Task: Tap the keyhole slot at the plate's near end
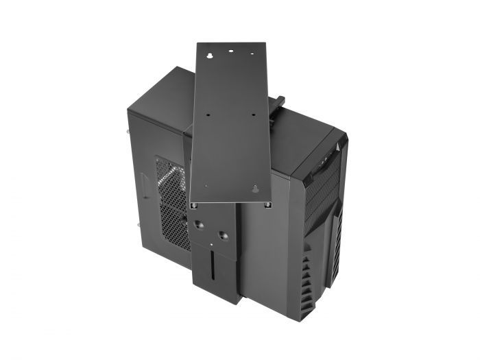click(x=256, y=188)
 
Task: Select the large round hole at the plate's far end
click(x=232, y=50)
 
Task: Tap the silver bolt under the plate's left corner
click(x=195, y=204)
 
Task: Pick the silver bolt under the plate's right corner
click(x=267, y=204)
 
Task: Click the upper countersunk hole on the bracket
click(x=200, y=223)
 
